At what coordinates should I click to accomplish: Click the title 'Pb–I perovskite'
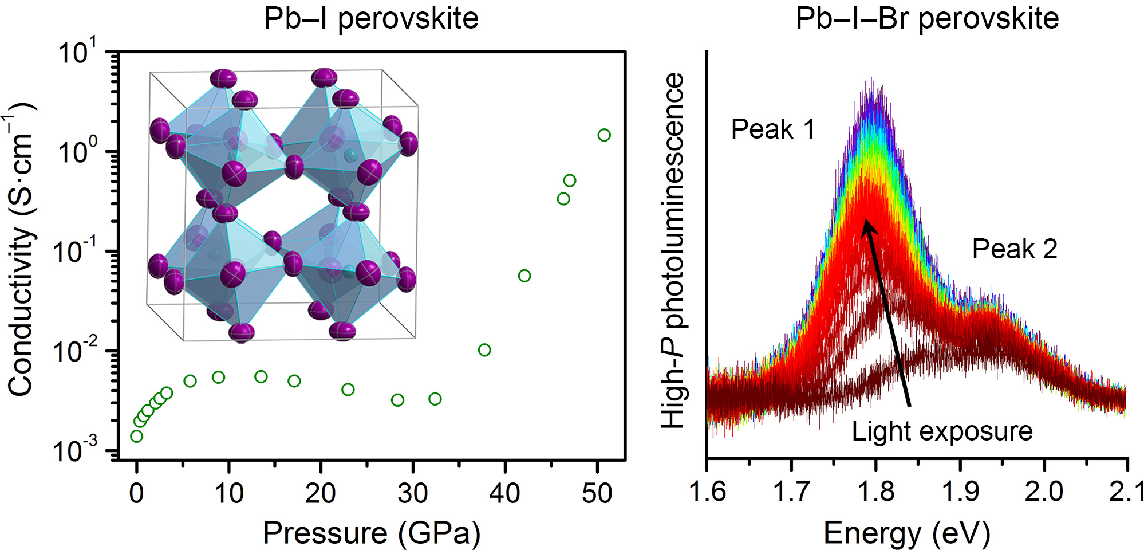[x=370, y=18]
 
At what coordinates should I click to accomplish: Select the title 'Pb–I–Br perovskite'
[x=927, y=18]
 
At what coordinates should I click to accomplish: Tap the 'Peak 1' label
[x=772, y=129]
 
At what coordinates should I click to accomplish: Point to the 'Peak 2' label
[x=1014, y=249]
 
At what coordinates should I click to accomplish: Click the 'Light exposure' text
[x=942, y=431]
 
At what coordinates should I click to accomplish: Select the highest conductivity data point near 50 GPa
[x=604, y=135]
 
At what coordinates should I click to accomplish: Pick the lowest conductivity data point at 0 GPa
[x=136, y=437]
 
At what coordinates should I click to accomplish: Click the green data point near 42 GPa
[x=524, y=276]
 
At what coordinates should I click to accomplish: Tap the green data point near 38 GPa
[x=484, y=350]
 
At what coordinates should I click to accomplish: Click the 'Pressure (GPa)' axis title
[x=371, y=533]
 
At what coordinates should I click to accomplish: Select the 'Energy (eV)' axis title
[x=906, y=533]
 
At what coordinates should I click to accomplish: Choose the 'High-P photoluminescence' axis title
[x=673, y=251]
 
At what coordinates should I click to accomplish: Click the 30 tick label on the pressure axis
[x=413, y=493]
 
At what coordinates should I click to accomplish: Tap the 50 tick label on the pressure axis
[x=597, y=493]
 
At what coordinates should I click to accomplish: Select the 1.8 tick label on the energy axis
[x=875, y=492]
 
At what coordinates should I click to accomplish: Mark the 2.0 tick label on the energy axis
[x=1044, y=492]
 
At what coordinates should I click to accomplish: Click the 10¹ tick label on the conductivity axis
[x=78, y=53]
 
